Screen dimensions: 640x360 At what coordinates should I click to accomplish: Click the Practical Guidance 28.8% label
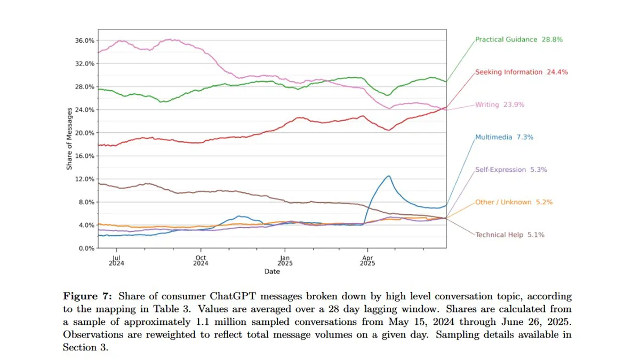(x=519, y=39)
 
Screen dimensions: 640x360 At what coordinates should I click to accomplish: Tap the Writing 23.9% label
(x=500, y=105)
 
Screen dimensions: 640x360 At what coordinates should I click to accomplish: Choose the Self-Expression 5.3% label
(x=511, y=170)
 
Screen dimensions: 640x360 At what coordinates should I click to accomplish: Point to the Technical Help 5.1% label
(x=509, y=235)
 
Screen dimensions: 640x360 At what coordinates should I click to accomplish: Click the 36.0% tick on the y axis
(x=86, y=41)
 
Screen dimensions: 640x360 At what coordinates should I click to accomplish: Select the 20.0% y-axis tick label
(x=86, y=133)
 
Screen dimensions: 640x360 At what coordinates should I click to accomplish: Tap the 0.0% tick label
(x=87, y=249)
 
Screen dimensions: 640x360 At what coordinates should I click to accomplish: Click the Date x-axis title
(x=271, y=271)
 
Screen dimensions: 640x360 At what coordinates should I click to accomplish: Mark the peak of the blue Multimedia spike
(x=389, y=176)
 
